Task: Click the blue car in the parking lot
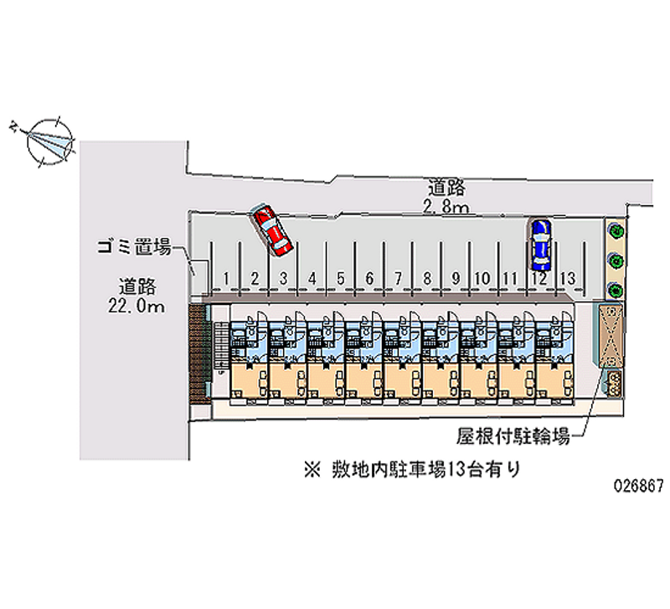click(540, 244)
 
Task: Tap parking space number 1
click(226, 278)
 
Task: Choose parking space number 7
click(398, 278)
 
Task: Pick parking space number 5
click(341, 278)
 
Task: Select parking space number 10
click(482, 278)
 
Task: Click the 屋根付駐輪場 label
click(513, 436)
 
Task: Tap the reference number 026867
click(638, 486)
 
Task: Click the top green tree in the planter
click(616, 230)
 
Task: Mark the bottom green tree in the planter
click(616, 290)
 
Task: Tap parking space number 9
click(455, 278)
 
